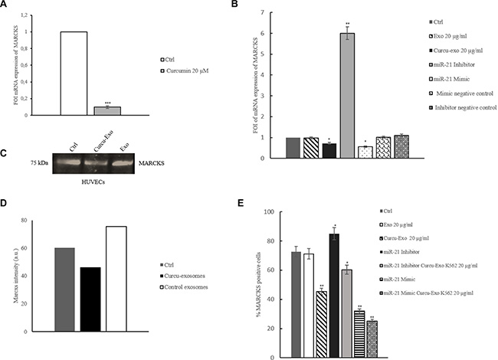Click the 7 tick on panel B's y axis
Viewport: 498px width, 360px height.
click(x=263, y=12)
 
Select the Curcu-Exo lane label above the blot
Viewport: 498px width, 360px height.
click(x=90, y=142)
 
